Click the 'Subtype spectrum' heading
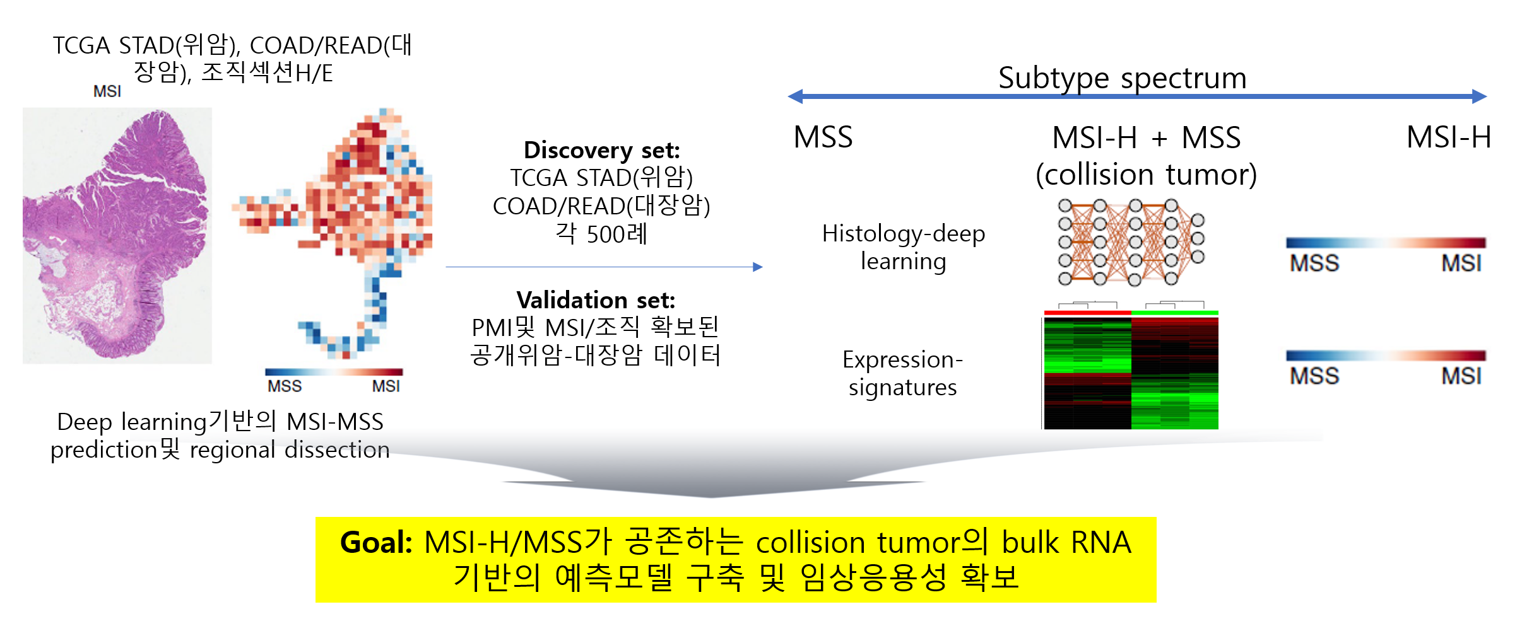coord(1122,79)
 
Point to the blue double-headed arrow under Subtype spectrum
coord(1137,96)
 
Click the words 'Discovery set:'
coord(602,150)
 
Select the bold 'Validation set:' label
coord(596,299)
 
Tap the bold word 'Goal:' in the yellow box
coord(376,542)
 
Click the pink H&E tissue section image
coord(117,235)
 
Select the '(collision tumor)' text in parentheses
coord(1146,175)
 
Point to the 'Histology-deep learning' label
coord(904,247)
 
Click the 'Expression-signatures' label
coord(902,373)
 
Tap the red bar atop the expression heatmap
coord(1087,313)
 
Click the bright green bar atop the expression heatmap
coord(1175,313)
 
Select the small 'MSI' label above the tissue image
coord(107,91)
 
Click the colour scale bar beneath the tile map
coord(334,372)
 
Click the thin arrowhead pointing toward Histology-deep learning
coord(758,267)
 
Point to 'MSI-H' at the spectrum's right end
coord(1449,137)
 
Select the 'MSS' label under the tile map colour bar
coord(285,386)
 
